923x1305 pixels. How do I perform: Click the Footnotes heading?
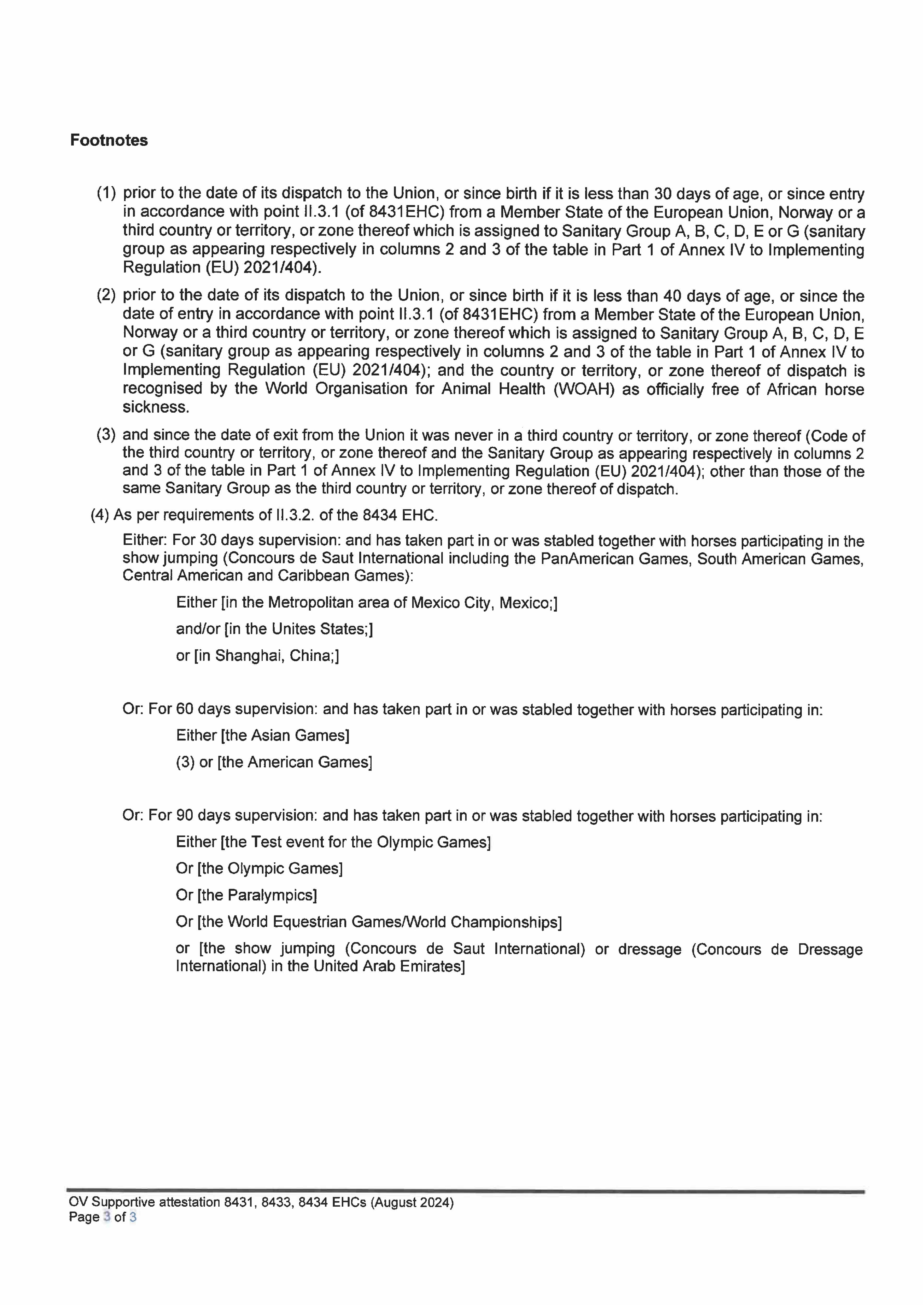pyautogui.click(x=109, y=140)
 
